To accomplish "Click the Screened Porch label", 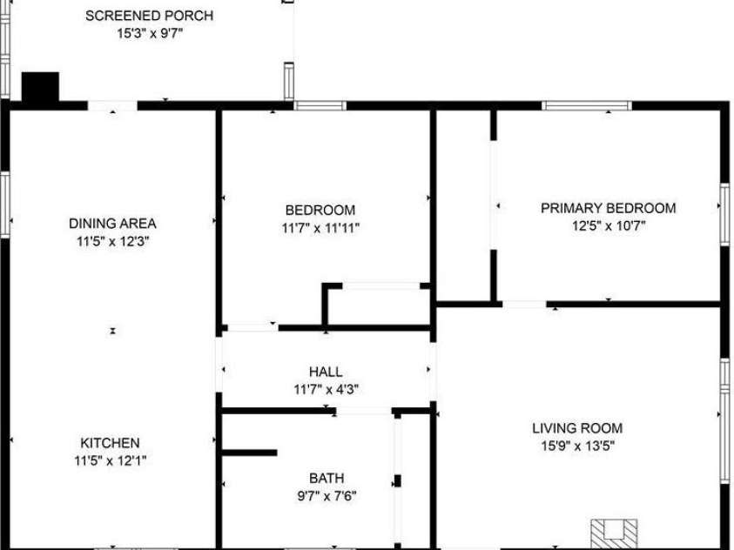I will tap(149, 16).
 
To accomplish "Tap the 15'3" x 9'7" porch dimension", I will tap(149, 33).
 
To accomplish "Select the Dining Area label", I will tap(112, 224).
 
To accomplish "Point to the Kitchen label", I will tap(110, 442).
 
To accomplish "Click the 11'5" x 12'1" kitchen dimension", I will tap(110, 460).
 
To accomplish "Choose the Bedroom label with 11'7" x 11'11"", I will tap(320, 210).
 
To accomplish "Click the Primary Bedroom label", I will tap(608, 208).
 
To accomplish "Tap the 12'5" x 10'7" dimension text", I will tap(608, 225).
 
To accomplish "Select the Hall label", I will tap(326, 372).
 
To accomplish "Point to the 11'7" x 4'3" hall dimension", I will tap(326, 389).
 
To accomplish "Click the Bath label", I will tap(327, 478).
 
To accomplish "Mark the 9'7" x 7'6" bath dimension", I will tap(327, 496).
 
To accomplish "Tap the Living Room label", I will tap(577, 428).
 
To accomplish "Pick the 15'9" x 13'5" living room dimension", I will tap(577, 446).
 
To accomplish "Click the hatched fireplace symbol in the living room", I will tap(615, 533).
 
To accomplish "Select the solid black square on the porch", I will tap(39, 88).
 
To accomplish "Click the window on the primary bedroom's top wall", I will tap(586, 106).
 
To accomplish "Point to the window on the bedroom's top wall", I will tap(320, 106).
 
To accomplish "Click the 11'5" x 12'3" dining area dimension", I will tap(112, 241).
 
